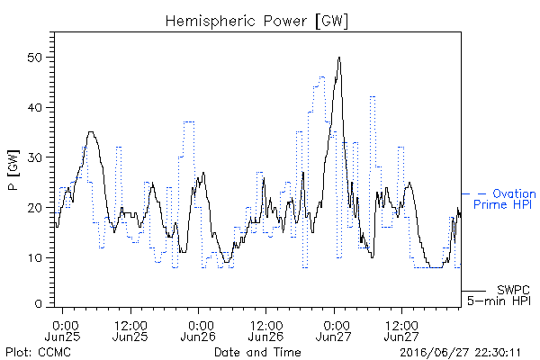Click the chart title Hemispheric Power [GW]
(x=256, y=22)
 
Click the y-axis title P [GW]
(x=13, y=170)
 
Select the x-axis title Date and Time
(x=257, y=352)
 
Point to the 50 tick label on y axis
(x=34, y=58)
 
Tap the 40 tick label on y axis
(x=34, y=107)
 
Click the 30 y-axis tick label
(x=34, y=157)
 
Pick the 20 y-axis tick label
(x=34, y=208)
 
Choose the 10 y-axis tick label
(x=34, y=257)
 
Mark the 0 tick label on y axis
(x=38, y=304)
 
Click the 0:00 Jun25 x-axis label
(x=63, y=330)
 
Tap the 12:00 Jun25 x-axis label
(x=130, y=330)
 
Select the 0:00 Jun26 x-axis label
(x=198, y=330)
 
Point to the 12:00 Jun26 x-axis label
(x=265, y=330)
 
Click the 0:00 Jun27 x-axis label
(x=334, y=330)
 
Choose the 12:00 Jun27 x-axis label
(x=401, y=330)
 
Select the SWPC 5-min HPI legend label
(x=499, y=295)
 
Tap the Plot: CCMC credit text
(x=38, y=352)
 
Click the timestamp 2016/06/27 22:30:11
(x=460, y=353)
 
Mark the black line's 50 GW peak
(x=339, y=58)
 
